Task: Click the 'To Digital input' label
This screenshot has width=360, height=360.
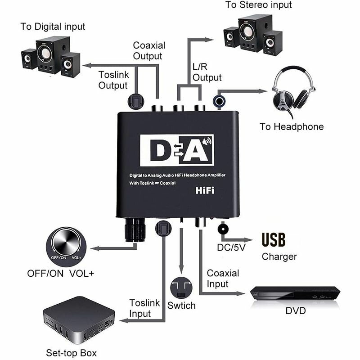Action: click(53, 27)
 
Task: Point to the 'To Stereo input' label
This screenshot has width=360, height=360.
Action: click(259, 5)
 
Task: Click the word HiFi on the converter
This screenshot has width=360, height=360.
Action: click(205, 190)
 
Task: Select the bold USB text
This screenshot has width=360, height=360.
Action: click(274, 240)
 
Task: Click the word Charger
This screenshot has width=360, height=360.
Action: click(279, 256)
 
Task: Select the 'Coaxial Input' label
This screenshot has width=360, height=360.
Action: click(223, 279)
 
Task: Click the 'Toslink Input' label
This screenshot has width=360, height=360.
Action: click(144, 308)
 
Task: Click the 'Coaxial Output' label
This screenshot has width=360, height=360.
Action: click(149, 50)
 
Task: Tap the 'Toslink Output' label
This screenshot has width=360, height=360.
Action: click(113, 79)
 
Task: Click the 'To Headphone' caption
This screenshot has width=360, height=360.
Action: click(291, 127)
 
